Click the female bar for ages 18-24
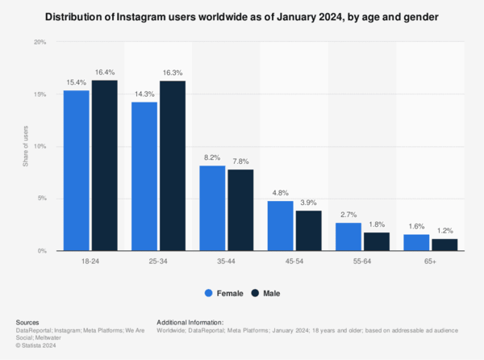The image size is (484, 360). coord(77,170)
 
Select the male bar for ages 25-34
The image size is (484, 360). coord(173,165)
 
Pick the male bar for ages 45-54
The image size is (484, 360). coord(308,230)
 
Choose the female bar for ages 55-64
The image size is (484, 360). coord(348,237)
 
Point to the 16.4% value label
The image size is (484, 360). coord(105,73)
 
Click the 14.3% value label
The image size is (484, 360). coord(144,94)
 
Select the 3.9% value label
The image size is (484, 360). coord(308,203)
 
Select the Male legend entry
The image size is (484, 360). coord(270,293)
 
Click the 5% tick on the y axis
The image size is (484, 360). coord(40,199)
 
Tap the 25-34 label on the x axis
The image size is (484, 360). coord(159,262)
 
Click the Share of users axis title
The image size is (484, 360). coord(26,146)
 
